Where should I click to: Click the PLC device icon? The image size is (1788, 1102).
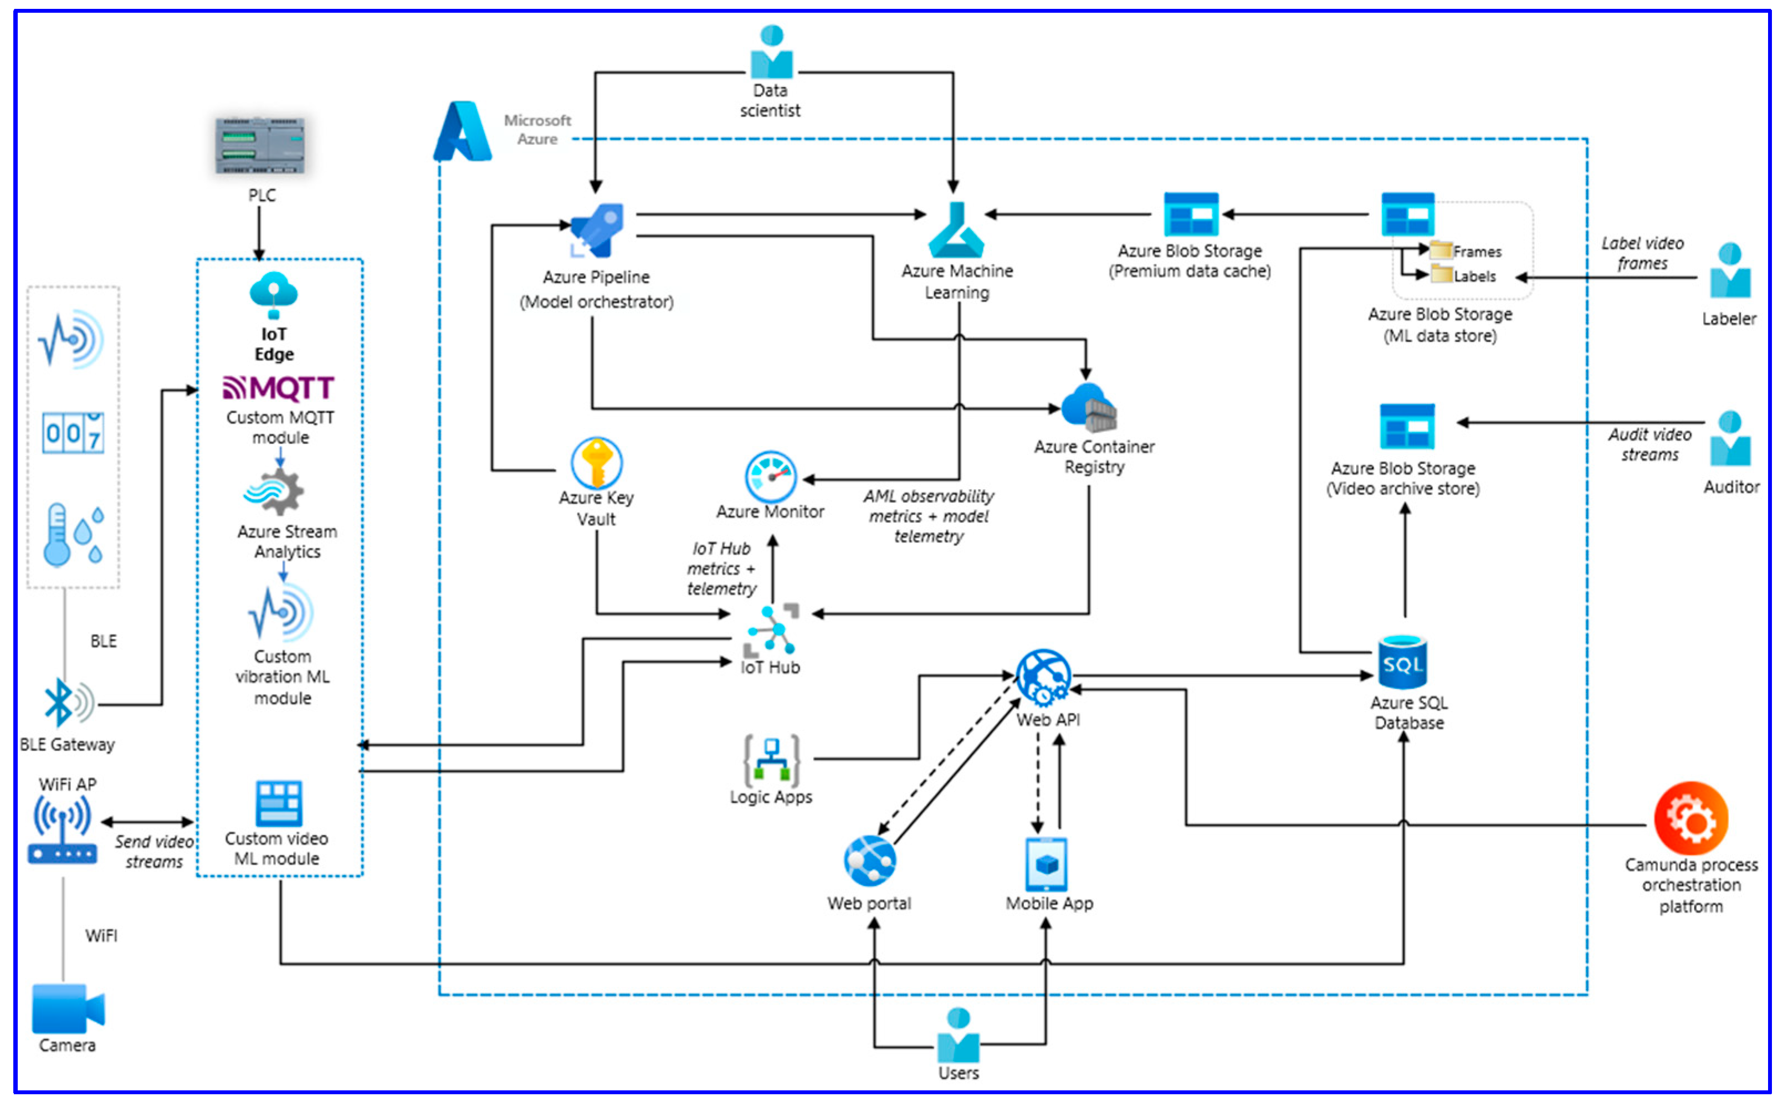click(260, 145)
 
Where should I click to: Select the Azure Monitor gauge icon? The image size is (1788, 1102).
click(771, 476)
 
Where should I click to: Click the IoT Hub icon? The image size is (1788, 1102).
click(771, 631)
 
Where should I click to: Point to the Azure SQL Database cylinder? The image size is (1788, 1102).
click(1402, 662)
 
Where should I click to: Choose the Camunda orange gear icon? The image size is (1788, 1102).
click(1690, 818)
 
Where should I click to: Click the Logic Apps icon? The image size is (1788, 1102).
click(771, 761)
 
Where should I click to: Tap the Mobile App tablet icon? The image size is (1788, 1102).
click(1046, 864)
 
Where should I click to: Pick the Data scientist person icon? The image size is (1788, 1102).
click(771, 53)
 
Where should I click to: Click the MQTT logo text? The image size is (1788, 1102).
click(279, 388)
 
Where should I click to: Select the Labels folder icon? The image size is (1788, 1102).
click(1441, 275)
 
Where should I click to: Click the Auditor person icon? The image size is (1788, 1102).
click(1730, 439)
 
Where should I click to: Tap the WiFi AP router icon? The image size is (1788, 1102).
click(63, 831)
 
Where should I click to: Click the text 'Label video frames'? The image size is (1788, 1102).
click(1642, 253)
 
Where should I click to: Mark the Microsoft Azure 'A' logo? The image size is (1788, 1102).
click(463, 132)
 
